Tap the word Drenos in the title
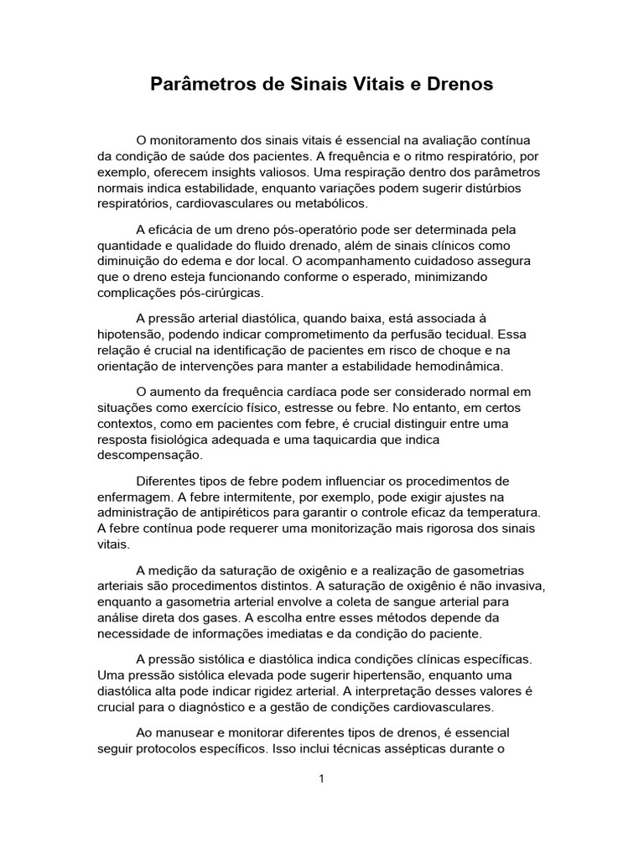[460, 85]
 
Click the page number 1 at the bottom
[321, 778]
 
